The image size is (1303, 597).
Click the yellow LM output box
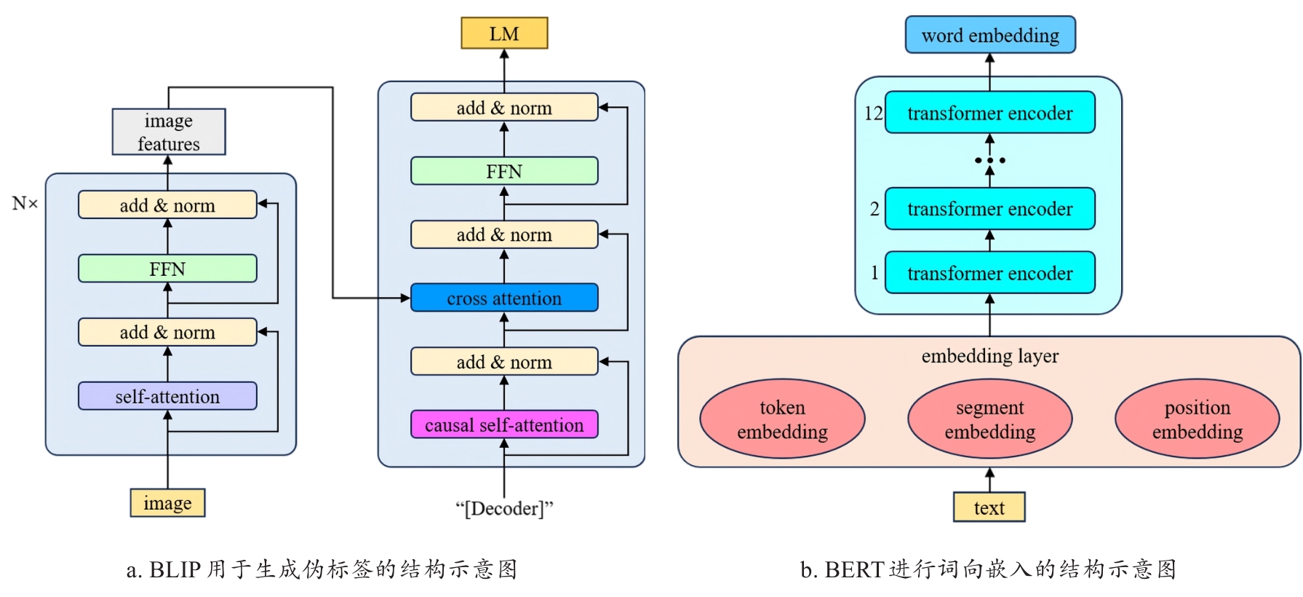[x=504, y=33]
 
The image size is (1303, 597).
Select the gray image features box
[x=169, y=132]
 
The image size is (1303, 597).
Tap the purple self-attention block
[x=167, y=396]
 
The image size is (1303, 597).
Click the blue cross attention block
[x=504, y=298]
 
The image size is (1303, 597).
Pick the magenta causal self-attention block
[x=504, y=424]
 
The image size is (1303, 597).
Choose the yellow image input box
[x=167, y=503]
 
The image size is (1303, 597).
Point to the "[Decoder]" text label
[x=504, y=508]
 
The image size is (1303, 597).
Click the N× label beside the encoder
[x=25, y=203]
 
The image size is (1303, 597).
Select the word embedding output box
[x=990, y=35]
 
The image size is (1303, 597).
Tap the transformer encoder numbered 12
[x=989, y=113]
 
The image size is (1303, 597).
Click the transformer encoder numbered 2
[x=989, y=209]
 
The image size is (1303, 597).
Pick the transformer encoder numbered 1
[x=989, y=273]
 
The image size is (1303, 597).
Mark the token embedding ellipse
[x=782, y=419]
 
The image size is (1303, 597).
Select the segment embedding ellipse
[x=989, y=419]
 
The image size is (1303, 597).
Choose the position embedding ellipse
[x=1197, y=419]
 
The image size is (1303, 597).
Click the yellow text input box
[x=989, y=507]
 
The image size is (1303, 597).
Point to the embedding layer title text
[x=989, y=356]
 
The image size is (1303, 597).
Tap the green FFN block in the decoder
[x=504, y=171]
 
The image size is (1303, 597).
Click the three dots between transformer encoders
[x=989, y=160]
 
